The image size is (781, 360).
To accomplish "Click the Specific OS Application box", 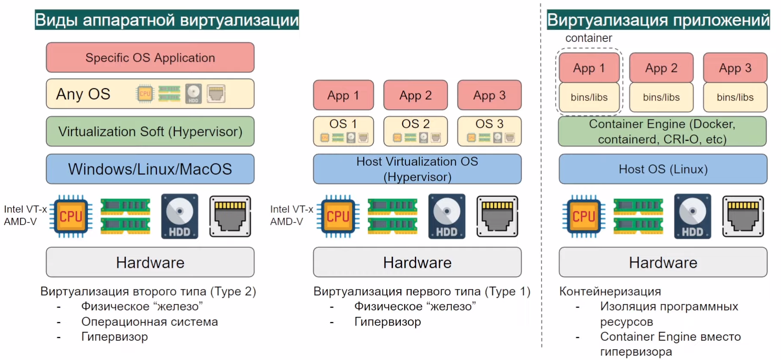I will (x=150, y=58).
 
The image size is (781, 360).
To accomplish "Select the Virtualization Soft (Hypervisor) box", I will (x=150, y=131).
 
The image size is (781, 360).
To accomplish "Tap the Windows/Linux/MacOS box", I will (x=150, y=169).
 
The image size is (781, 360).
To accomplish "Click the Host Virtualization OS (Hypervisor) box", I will (x=417, y=169).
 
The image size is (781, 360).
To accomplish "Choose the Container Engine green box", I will (x=662, y=131).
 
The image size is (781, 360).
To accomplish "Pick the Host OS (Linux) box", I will (x=663, y=169).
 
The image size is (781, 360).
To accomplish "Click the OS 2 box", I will (x=416, y=131).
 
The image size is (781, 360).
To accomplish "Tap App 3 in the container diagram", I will (x=735, y=68).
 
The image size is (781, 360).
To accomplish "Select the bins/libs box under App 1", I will (x=589, y=97).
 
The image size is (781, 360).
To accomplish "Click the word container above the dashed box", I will (x=589, y=38).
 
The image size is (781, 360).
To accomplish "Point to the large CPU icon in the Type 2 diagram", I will (x=71, y=216).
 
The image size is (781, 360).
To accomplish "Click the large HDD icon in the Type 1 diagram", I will (x=446, y=216).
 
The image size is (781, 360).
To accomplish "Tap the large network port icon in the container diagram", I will (x=743, y=216).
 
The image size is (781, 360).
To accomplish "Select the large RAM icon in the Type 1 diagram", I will (x=392, y=216).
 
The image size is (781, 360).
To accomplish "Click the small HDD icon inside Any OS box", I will (x=193, y=93).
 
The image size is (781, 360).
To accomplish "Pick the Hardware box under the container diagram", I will (x=663, y=262).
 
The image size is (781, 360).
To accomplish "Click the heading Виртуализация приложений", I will (x=658, y=20).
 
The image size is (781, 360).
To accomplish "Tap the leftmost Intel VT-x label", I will (x=25, y=209).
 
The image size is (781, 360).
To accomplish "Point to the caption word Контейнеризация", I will (x=610, y=291).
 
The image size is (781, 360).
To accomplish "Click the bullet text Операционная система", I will (x=150, y=322).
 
